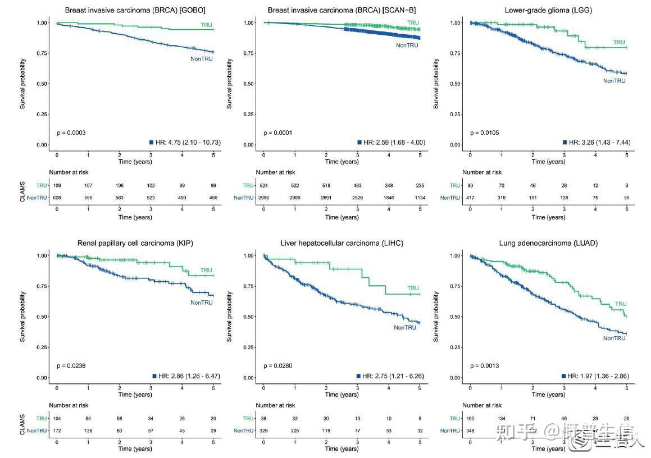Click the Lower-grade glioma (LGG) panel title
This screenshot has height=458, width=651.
pyautogui.click(x=548, y=10)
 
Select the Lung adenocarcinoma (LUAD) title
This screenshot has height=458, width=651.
pyautogui.click(x=548, y=243)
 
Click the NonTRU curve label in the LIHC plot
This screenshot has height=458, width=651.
pyautogui.click(x=405, y=328)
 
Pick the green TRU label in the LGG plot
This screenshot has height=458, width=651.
pyautogui.click(x=619, y=43)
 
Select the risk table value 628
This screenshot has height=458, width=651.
pyautogui.click(x=57, y=198)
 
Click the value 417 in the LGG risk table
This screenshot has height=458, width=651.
pyautogui.click(x=470, y=198)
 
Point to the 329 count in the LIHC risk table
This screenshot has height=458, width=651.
pyautogui.click(x=263, y=430)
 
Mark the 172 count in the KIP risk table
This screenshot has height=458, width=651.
pyautogui.click(x=57, y=430)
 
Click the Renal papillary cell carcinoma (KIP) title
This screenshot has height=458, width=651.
pyautogui.click(x=135, y=243)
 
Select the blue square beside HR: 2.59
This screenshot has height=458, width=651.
pyautogui.click(x=359, y=143)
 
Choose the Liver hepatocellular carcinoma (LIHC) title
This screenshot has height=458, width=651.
pyautogui.click(x=342, y=243)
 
